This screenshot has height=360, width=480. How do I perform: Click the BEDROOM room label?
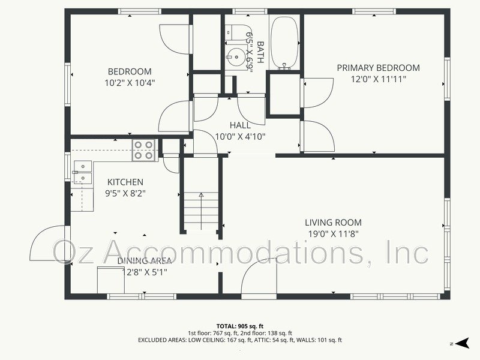[129, 71]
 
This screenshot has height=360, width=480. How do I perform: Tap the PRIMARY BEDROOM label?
[378, 68]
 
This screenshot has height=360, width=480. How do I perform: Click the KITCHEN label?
[125, 182]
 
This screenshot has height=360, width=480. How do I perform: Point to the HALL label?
[240, 125]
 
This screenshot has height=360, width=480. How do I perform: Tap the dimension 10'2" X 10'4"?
[130, 83]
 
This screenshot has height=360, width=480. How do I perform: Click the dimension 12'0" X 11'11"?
[378, 79]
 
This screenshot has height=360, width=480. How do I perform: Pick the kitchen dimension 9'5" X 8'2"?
[125, 193]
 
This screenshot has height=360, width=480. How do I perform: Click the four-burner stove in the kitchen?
[144, 150]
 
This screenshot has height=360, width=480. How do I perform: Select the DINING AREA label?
[145, 260]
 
